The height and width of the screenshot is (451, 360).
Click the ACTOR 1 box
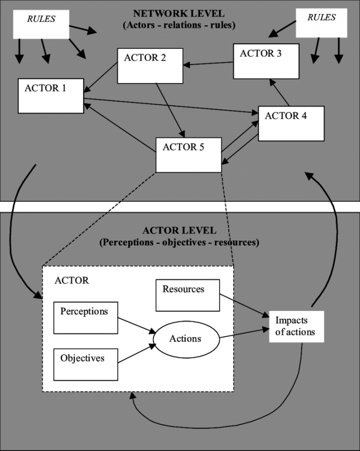tap(51, 96)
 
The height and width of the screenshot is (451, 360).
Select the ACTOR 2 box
tap(150, 66)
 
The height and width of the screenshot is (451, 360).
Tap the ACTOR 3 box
tap(265, 61)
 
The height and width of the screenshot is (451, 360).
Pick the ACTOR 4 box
tap(291, 123)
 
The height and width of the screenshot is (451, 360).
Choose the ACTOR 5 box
tap(188, 155)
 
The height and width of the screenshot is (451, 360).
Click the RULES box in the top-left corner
tap(41, 24)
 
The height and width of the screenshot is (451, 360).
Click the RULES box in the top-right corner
tap(322, 23)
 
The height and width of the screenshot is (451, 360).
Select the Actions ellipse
tap(185, 339)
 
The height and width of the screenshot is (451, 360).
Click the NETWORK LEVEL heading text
tap(179, 15)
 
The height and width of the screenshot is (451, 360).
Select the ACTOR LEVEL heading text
tap(179, 231)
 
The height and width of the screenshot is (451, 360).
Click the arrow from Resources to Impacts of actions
tap(244, 305)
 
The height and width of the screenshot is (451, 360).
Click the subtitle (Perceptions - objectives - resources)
tap(179, 243)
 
